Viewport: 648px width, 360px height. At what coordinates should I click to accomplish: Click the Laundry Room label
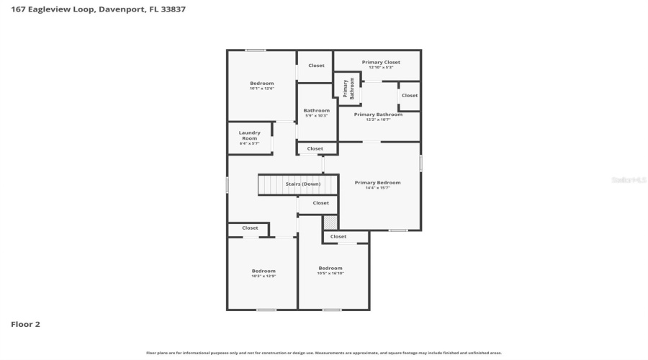point(250,135)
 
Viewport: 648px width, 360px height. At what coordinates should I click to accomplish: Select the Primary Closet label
point(381,62)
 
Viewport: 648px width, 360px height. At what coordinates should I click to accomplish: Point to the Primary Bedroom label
point(377,182)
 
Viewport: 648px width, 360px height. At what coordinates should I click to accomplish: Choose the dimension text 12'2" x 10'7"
point(379,120)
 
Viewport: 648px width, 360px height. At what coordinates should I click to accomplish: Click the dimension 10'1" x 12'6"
point(262,89)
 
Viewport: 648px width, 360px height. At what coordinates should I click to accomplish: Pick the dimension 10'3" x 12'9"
point(264,276)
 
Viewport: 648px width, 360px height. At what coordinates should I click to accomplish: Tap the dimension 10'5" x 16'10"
point(330,273)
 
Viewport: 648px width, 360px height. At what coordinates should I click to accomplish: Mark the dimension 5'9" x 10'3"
point(316,115)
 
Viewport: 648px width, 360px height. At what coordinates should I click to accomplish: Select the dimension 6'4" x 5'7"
point(250,143)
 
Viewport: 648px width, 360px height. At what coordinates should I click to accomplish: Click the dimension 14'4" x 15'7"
point(377,188)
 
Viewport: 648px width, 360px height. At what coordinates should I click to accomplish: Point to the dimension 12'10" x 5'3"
point(381,67)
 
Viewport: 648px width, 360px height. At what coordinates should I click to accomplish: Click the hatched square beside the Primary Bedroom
point(330,222)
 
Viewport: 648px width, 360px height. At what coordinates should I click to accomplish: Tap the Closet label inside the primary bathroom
point(410,95)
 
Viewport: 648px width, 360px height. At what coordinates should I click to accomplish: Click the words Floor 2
point(25,324)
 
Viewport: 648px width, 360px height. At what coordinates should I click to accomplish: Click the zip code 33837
point(174,9)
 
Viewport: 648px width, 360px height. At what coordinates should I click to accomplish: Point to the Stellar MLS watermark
point(629,180)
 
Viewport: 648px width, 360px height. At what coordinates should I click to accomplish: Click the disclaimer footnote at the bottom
point(324,353)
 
